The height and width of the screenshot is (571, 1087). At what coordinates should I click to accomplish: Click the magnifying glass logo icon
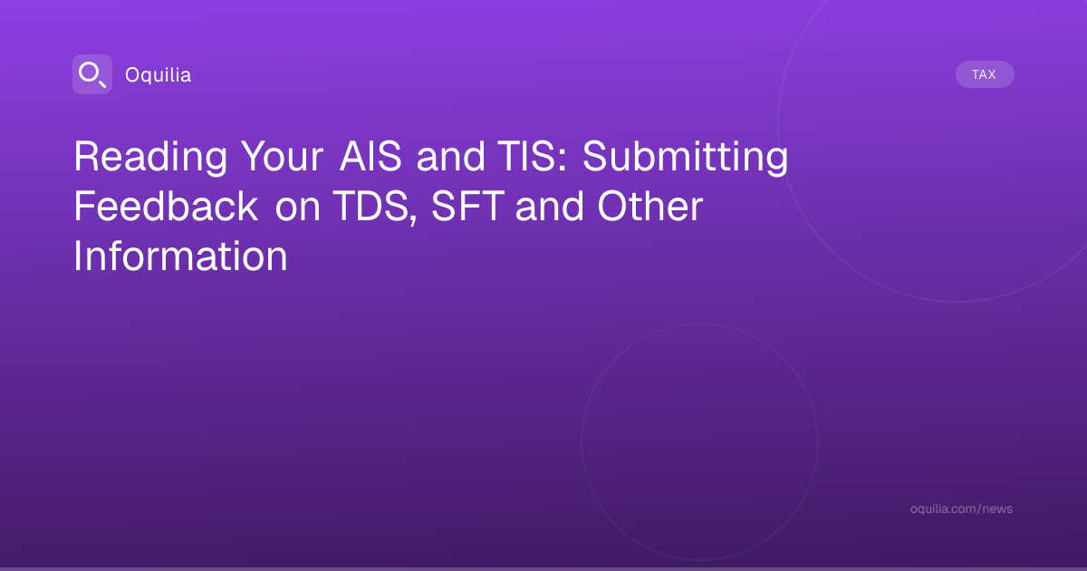(92, 74)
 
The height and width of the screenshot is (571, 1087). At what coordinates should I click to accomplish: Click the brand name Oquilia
(159, 75)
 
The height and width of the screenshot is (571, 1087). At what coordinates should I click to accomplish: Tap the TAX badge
(985, 74)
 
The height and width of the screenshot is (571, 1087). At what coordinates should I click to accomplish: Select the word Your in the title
(283, 157)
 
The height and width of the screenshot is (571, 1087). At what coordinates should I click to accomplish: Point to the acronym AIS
(370, 156)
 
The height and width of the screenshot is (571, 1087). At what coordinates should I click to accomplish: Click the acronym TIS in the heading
(526, 156)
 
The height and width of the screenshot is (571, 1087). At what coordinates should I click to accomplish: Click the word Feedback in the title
(166, 207)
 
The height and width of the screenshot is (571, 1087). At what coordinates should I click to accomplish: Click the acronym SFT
(467, 207)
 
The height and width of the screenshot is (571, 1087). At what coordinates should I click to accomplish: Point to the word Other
(650, 207)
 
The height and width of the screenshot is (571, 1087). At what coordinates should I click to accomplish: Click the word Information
(180, 256)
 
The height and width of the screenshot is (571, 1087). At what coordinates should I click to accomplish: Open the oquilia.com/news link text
(961, 508)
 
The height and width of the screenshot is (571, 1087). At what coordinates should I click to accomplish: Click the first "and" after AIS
(451, 156)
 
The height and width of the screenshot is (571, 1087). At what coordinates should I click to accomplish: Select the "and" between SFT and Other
(550, 207)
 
